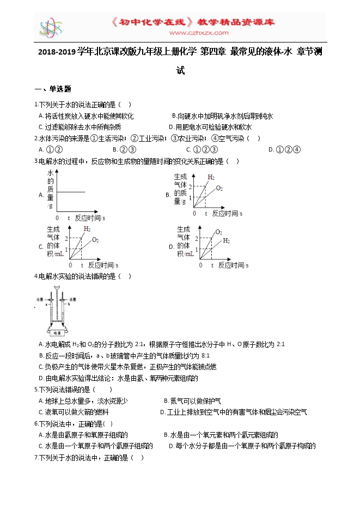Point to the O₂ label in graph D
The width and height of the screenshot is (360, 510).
point(219,232)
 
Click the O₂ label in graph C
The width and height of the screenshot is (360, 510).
point(95,240)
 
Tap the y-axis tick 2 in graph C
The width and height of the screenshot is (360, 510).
point(66,239)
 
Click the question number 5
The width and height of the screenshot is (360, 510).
point(36,390)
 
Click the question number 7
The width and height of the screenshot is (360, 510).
point(36,458)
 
